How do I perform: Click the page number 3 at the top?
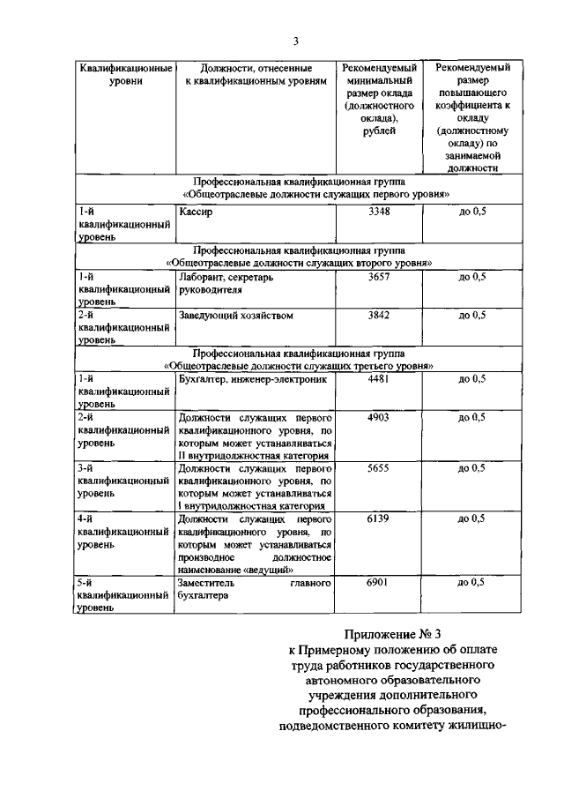coord(296,41)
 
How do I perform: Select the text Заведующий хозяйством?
coord(234,316)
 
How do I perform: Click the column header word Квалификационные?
coord(123,68)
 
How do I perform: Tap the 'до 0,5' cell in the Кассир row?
coord(472,213)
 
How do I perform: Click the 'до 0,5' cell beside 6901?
coord(472,583)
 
